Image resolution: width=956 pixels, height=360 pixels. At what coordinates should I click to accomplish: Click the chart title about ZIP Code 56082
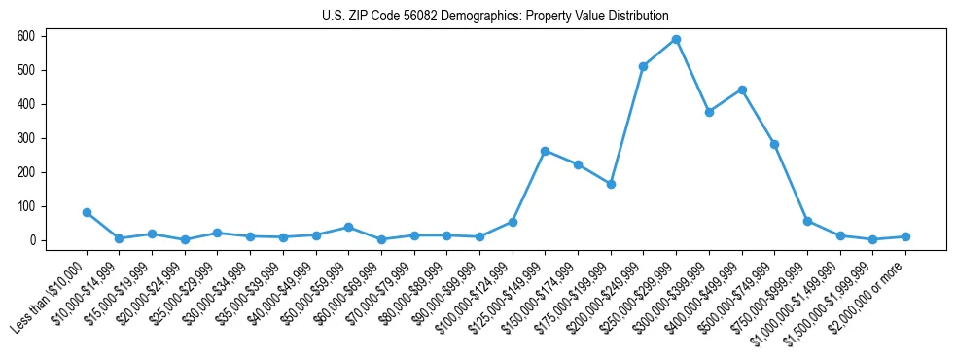495,16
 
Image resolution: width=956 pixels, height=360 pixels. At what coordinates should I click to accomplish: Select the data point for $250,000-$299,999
676,39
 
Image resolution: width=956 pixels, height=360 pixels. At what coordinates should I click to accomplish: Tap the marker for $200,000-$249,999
643,66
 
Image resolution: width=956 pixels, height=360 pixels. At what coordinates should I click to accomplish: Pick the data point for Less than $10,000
87,212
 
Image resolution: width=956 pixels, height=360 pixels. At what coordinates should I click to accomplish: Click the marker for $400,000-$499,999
742,90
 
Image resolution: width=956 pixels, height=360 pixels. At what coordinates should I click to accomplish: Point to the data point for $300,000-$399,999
709,112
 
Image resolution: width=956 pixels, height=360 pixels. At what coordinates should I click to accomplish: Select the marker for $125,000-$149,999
545,151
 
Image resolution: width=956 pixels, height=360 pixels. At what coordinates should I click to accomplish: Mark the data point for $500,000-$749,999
774,144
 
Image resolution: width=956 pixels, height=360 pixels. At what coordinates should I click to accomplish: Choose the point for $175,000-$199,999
611,184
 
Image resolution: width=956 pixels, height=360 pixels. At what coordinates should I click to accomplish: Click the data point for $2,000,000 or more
905,236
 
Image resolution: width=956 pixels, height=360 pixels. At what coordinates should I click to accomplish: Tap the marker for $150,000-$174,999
578,164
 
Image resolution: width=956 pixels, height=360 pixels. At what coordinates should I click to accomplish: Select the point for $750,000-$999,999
807,221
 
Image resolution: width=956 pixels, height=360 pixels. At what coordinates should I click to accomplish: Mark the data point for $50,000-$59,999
348,227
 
